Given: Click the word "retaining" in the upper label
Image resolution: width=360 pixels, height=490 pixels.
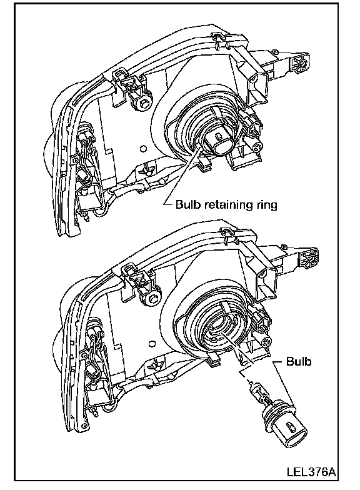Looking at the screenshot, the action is click(227, 204).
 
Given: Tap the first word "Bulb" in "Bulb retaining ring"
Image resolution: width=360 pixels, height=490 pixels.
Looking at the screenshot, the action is click(187, 204).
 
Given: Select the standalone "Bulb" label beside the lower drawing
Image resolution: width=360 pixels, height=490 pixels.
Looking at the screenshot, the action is click(299, 361).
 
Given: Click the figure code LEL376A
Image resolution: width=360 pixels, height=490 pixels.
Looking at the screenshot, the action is click(311, 472).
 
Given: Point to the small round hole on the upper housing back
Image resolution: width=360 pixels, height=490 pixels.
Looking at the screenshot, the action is click(143, 149).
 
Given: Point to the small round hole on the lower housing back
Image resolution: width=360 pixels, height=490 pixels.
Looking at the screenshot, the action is click(152, 344).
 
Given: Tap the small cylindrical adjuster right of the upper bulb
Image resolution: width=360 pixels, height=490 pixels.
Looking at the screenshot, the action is click(258, 145).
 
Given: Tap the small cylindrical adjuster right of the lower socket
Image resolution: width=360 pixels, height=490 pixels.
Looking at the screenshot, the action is click(266, 341).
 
